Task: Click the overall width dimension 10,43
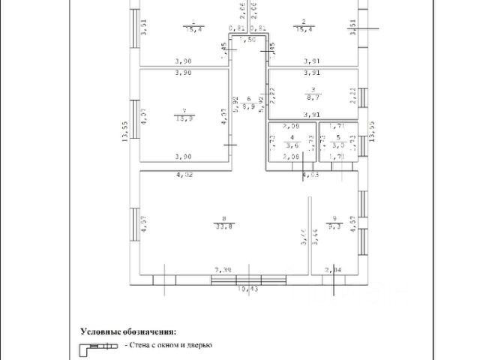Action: tap(247, 288)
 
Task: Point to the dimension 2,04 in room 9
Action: tap(332, 268)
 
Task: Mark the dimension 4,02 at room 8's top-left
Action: tap(184, 175)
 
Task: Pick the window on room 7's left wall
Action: tap(137, 115)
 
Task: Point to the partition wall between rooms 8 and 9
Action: tap(310, 232)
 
